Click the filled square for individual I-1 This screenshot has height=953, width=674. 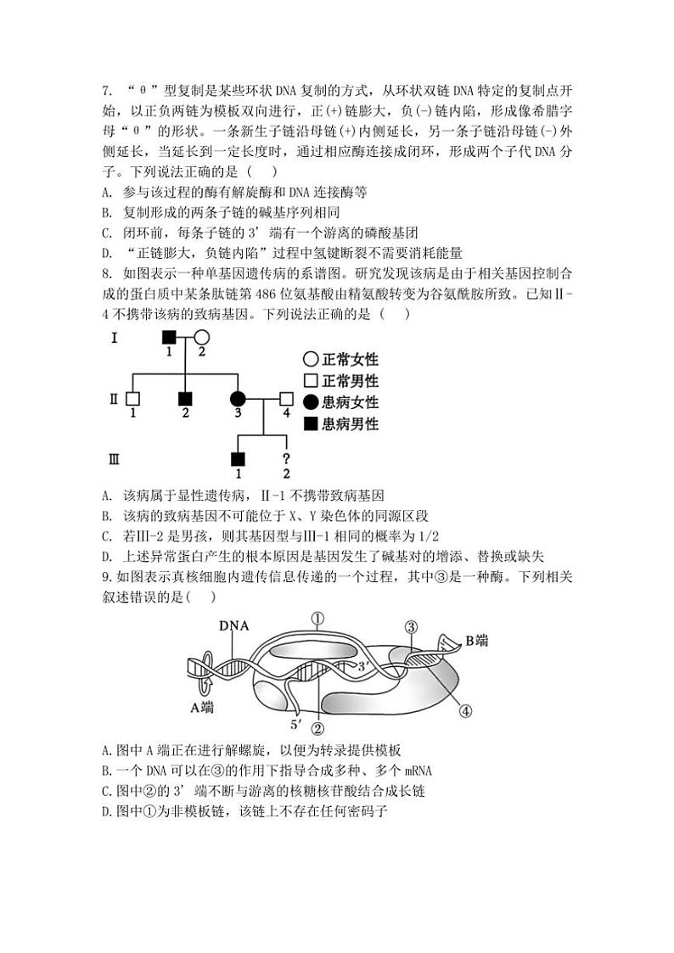pyautogui.click(x=170, y=338)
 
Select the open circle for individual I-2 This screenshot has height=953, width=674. pyautogui.click(x=202, y=338)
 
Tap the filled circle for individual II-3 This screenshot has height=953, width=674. pyautogui.click(x=238, y=398)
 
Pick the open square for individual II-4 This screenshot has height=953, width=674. pyautogui.click(x=286, y=398)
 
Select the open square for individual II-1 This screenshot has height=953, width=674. pyautogui.click(x=132, y=398)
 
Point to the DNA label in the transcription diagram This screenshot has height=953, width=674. pyautogui.click(x=232, y=626)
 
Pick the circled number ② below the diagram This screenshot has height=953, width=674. pyautogui.click(x=318, y=727)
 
